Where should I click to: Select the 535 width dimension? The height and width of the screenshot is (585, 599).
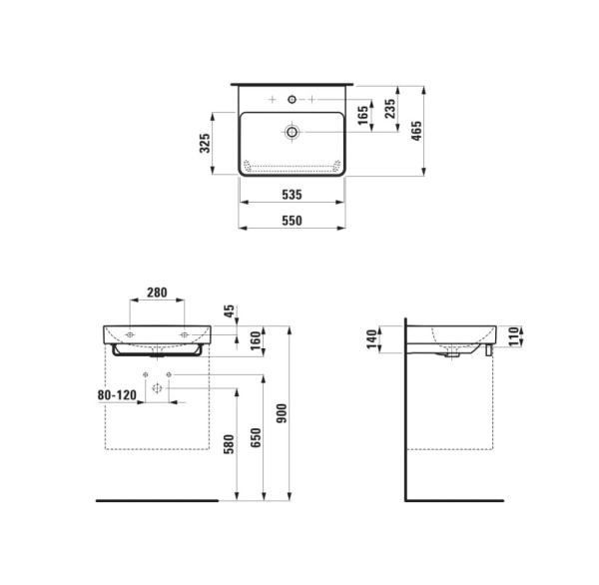coord(292,195)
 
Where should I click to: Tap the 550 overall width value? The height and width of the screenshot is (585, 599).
coord(292,221)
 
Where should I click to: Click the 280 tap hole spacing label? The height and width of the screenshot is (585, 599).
coord(157,292)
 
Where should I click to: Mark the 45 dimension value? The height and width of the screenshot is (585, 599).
coord(231,312)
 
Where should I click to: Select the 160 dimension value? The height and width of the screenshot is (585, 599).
coord(231,340)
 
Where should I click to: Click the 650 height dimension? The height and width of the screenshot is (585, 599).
coord(256,440)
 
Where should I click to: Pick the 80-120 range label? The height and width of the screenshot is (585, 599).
coord(117,394)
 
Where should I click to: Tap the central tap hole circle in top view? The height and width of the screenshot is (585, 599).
coord(292,100)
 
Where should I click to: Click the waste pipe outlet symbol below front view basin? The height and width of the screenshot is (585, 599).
coord(157,388)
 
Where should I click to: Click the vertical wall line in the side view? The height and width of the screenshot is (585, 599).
coord(406,419)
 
